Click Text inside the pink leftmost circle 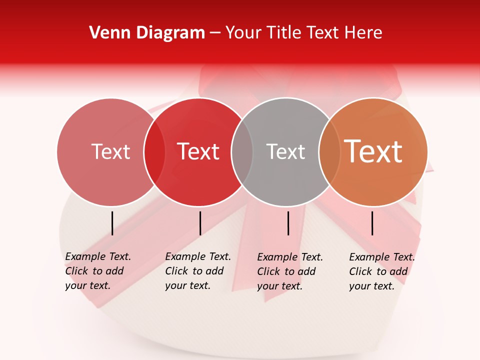point(110,151)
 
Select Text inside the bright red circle point(198,151)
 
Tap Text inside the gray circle point(285,151)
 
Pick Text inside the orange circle point(373,151)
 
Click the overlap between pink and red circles point(154,152)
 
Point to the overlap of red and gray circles point(242,152)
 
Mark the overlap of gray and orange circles point(329,152)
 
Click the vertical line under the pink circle point(112,223)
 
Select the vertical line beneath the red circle point(200,223)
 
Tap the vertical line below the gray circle point(288,223)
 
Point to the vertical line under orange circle point(372,223)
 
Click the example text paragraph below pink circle point(98,271)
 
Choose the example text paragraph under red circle point(198,271)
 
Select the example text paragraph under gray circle point(290,271)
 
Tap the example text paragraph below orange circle point(382,271)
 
